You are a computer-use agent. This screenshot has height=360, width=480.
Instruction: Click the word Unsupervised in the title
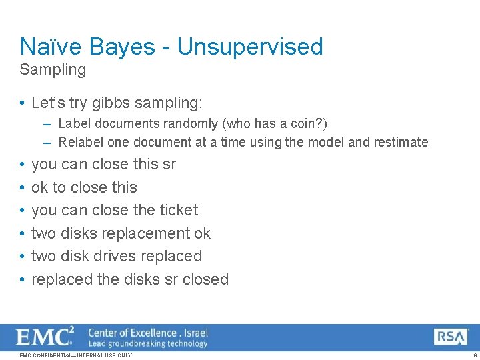250,47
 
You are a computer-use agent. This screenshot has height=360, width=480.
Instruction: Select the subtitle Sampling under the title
53,69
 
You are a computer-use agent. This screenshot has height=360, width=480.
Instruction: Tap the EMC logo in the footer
45,337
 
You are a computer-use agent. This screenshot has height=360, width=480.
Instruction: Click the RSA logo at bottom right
451,337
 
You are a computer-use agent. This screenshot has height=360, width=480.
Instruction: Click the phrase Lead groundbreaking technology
148,343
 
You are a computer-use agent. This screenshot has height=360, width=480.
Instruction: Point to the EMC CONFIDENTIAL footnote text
77,355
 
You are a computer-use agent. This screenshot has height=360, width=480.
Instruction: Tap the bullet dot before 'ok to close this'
22,187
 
